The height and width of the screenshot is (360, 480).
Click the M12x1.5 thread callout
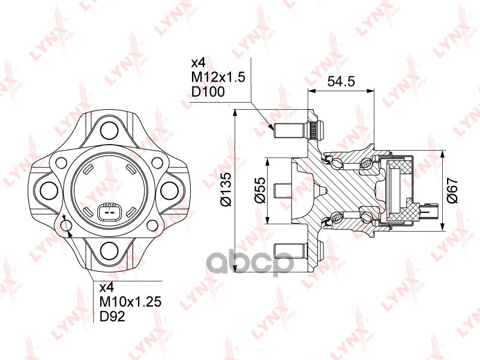point(218,77)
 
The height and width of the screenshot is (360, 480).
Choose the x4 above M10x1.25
point(106,287)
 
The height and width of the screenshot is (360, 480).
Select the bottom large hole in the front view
point(109,250)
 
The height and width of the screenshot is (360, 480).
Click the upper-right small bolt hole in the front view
point(157,161)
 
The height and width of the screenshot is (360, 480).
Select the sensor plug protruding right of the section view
point(431,212)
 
